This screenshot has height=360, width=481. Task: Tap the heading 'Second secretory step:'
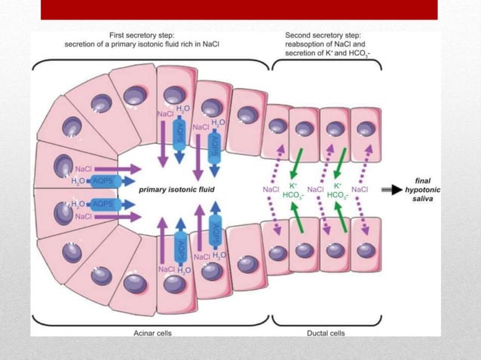[x=323, y=35]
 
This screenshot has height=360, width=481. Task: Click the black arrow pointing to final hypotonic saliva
[x=392, y=191]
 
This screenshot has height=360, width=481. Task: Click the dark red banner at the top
[x=238, y=9]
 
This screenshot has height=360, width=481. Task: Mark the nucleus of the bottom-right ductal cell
[x=366, y=250]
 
